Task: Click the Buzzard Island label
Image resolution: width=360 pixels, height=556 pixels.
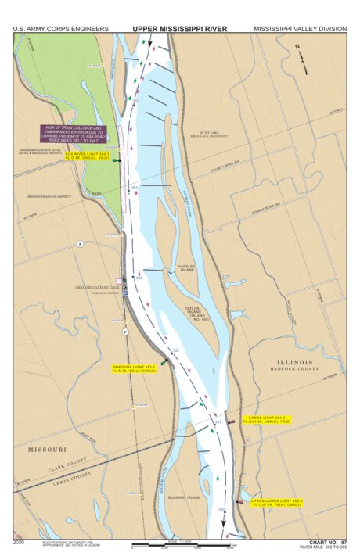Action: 183,497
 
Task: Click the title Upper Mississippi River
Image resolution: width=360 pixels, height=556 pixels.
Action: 179,29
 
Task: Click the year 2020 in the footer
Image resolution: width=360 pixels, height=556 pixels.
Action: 19,541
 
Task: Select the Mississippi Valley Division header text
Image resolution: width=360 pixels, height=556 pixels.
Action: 300,29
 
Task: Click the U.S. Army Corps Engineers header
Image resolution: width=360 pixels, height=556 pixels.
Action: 60,29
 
